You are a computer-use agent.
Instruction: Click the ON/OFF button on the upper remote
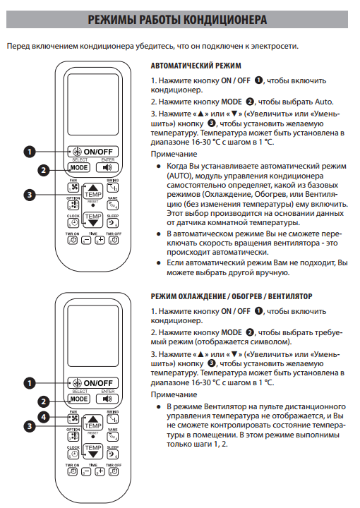93,152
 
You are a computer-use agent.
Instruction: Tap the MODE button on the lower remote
79,399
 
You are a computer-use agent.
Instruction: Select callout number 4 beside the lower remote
44,417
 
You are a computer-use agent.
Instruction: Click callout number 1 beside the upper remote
30,152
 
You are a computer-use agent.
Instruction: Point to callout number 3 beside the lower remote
30,426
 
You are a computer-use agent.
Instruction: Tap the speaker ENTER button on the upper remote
107,167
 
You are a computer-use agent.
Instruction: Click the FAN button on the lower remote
73,418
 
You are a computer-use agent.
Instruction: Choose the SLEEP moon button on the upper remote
112,223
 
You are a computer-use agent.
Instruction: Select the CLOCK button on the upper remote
73,223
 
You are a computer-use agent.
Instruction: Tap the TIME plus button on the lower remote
100,472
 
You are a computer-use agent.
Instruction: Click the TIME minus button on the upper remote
86,241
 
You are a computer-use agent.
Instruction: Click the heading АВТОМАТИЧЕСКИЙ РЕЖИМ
196,66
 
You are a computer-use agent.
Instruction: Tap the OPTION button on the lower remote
73,436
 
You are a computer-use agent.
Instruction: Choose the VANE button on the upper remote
112,205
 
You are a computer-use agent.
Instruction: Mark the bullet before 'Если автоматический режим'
158,262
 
